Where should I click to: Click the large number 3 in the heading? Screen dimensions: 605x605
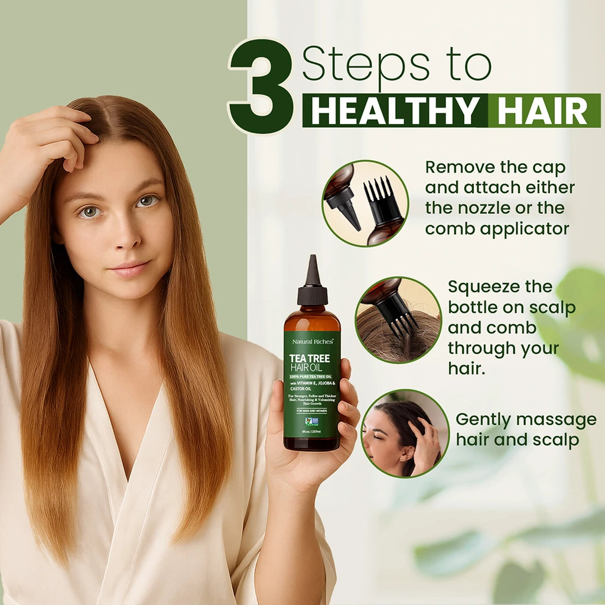261,87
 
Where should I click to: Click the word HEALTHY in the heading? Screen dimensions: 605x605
395,110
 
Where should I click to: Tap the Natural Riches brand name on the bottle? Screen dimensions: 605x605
311,341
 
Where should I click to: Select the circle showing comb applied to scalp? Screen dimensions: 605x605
398,320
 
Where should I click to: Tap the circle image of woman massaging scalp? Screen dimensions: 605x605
405,433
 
